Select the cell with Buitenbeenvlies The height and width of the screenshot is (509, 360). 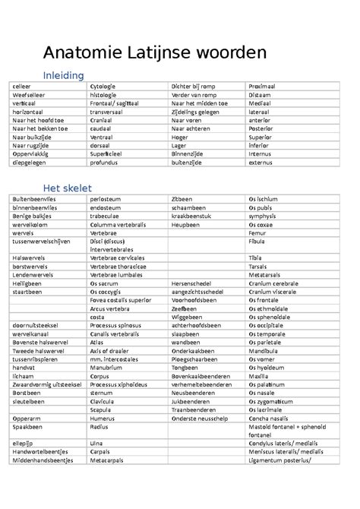pos(34,198)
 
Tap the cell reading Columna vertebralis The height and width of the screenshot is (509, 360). pos(118,225)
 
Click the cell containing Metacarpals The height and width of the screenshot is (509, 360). pos(106,459)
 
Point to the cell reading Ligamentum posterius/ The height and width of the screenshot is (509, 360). pos(280,459)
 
